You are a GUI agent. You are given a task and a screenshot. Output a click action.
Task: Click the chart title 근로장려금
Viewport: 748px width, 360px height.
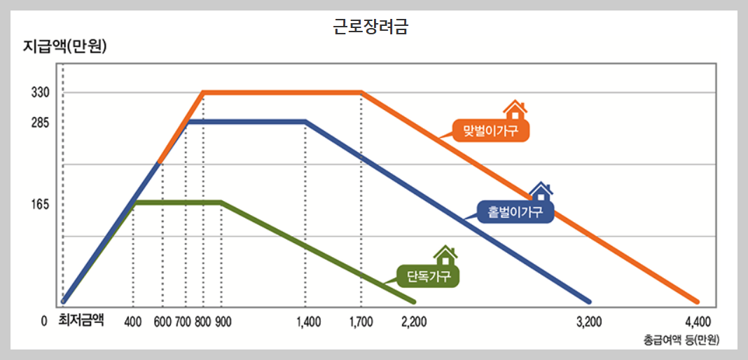point(370,27)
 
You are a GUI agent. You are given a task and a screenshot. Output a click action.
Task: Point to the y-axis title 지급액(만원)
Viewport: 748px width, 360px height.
point(64,48)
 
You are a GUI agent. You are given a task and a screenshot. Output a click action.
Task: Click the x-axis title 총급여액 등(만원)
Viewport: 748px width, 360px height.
point(681,340)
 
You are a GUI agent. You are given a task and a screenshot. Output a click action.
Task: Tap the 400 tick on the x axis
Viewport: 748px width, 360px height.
point(133,321)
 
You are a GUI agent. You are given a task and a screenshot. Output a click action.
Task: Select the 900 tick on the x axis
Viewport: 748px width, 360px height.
point(223,321)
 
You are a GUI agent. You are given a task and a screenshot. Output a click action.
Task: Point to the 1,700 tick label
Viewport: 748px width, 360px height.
point(361,321)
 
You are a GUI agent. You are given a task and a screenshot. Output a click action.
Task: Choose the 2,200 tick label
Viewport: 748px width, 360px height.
point(414,321)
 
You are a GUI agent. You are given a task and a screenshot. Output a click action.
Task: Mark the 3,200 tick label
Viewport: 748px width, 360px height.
point(588,321)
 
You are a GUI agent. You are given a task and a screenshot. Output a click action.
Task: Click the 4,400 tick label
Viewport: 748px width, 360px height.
point(697,321)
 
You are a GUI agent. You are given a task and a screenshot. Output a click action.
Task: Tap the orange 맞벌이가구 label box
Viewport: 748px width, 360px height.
point(490,130)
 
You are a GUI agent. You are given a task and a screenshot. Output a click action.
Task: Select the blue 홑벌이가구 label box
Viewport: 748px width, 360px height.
point(515,212)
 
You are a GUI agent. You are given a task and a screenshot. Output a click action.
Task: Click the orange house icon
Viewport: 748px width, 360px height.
point(515,109)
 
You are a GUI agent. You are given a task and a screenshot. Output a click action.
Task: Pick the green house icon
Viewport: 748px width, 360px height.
point(445,256)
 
